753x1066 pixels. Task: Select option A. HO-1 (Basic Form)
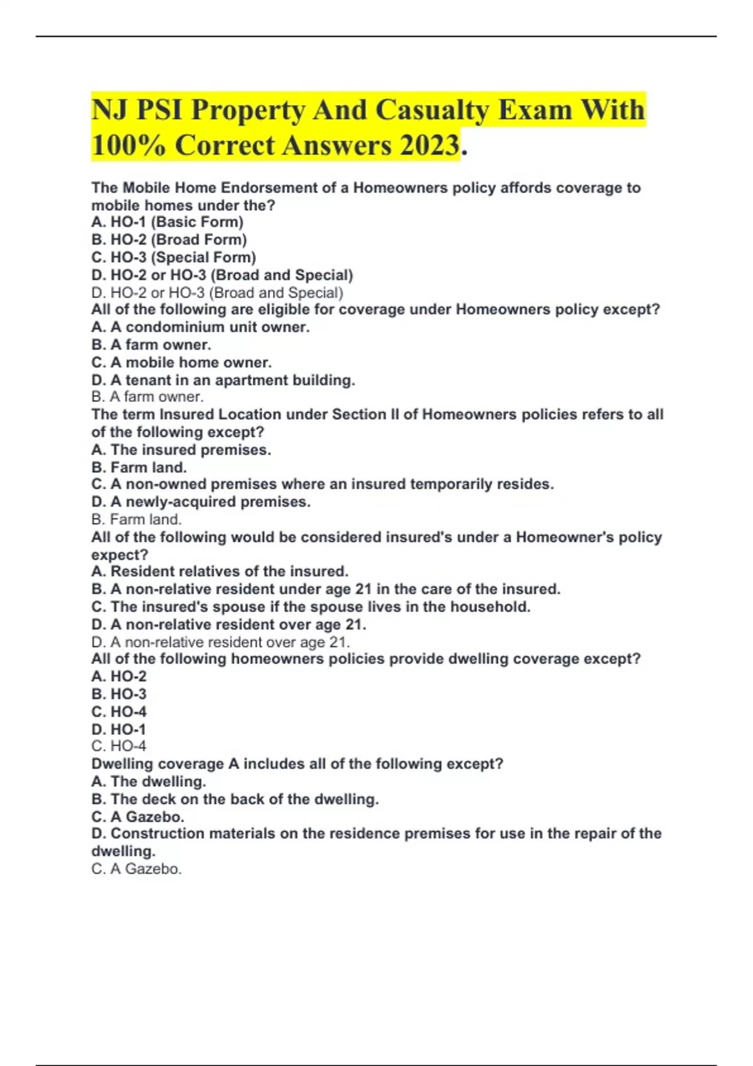pyautogui.click(x=167, y=222)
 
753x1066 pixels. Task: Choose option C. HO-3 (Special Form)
pyautogui.click(x=173, y=257)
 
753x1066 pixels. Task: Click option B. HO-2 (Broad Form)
pyautogui.click(x=169, y=240)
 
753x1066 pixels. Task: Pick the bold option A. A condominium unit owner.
pyautogui.click(x=200, y=327)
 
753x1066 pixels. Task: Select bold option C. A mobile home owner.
pyautogui.click(x=181, y=362)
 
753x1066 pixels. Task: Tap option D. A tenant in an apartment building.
pyautogui.click(x=223, y=380)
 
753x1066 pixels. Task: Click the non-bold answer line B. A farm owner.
pyautogui.click(x=147, y=396)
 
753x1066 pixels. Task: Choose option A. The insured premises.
pyautogui.click(x=181, y=450)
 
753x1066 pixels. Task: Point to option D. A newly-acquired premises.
pyautogui.click(x=201, y=502)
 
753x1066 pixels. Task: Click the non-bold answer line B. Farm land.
pyautogui.click(x=136, y=519)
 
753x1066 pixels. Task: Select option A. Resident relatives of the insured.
pyautogui.click(x=220, y=571)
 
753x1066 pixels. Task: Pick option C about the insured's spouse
pyautogui.click(x=311, y=606)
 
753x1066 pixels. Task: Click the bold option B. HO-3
pyautogui.click(x=119, y=694)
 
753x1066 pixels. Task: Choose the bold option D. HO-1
pyautogui.click(x=118, y=729)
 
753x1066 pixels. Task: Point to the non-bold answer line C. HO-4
pyautogui.click(x=119, y=746)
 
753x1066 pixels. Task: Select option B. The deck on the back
pyautogui.click(x=235, y=799)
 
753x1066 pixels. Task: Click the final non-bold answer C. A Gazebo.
pyautogui.click(x=136, y=868)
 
